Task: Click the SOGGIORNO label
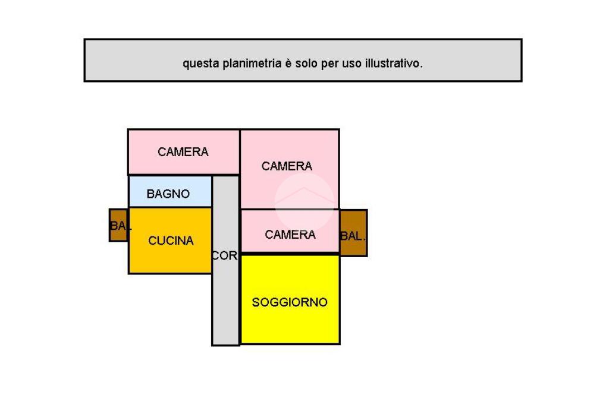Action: (x=290, y=302)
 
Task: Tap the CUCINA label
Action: (x=171, y=241)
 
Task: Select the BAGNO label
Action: (x=168, y=194)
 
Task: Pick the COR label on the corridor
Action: (x=225, y=256)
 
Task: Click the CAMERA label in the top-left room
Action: (x=183, y=152)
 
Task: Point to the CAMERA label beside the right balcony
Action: (x=290, y=235)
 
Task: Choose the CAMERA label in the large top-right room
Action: (x=287, y=166)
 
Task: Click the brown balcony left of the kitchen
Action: (x=118, y=225)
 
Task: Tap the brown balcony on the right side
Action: (x=353, y=233)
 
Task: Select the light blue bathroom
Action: (x=170, y=191)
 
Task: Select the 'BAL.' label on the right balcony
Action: (x=353, y=236)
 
